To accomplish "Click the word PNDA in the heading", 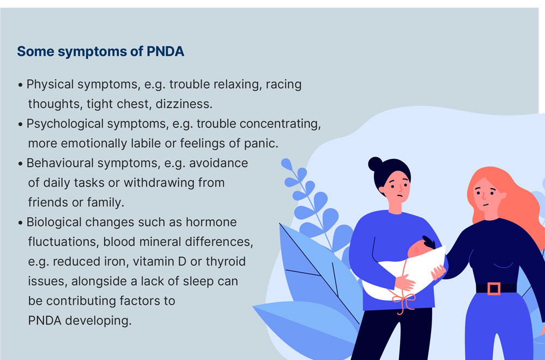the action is coord(165,51).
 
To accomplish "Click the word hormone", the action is coord(211,222).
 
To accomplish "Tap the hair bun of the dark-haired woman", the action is coord(376,164).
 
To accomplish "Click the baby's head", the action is coord(420,247).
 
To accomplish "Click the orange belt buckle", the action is coord(494,289).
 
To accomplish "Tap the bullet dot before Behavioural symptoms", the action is coord(21,164).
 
